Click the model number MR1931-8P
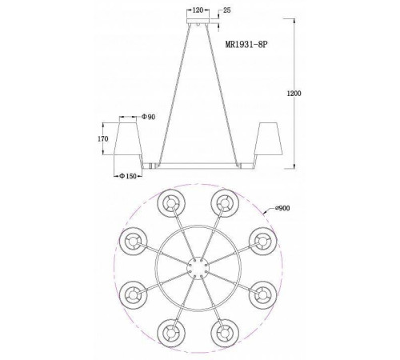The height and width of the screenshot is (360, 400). coord(246,44)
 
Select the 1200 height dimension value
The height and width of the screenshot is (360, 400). coord(294,94)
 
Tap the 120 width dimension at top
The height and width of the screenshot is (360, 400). coord(198,10)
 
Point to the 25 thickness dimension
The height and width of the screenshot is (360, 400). coord(226,10)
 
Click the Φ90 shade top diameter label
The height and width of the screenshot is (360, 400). coord(148,117)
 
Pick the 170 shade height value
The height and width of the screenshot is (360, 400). coord(103,138)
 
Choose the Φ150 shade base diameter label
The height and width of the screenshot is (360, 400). coord(128,176)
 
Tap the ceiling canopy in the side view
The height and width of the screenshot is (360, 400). coord(198,21)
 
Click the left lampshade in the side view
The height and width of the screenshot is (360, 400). coord(128,138)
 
